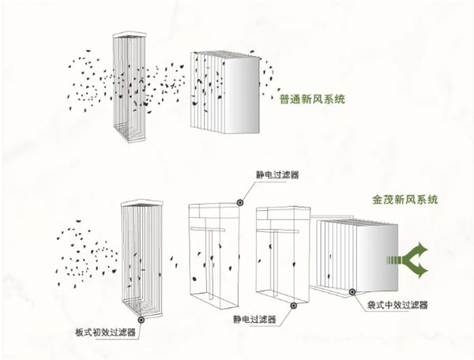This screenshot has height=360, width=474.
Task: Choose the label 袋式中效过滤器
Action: point(397,302)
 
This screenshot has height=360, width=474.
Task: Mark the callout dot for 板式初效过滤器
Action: point(141,319)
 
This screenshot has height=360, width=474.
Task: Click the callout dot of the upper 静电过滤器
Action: point(239,202)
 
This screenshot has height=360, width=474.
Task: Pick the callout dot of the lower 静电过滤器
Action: point(294,304)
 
